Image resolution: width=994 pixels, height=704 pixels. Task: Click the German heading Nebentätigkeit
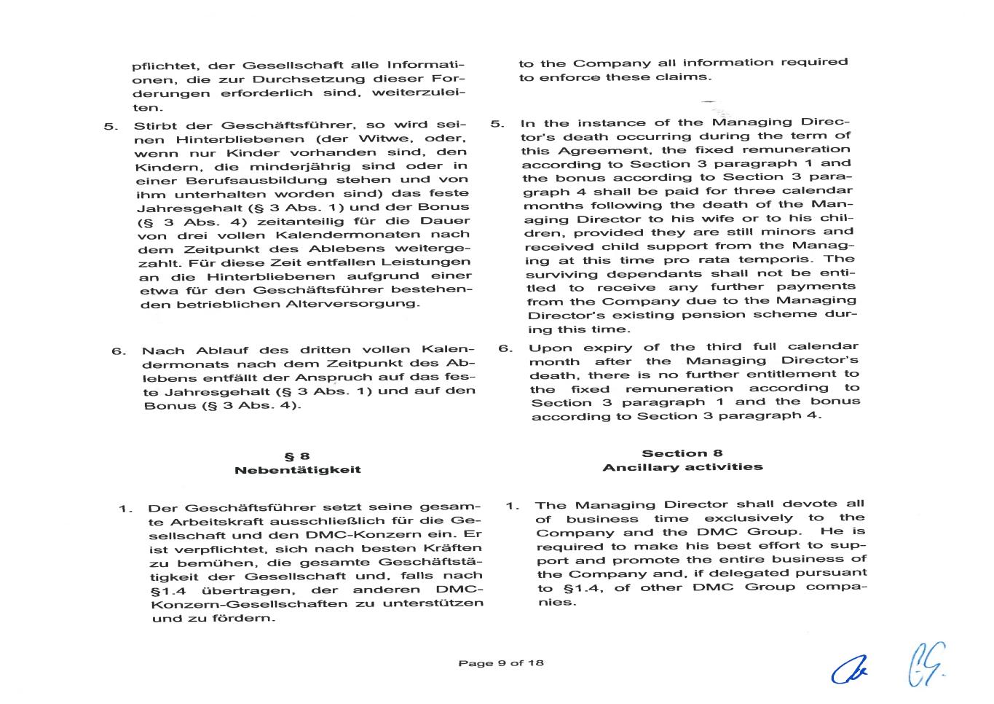pyautogui.click(x=297, y=470)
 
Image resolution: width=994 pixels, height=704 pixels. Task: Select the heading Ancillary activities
pyautogui.click(x=682, y=467)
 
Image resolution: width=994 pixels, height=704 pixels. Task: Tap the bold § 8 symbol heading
pyautogui.click(x=297, y=456)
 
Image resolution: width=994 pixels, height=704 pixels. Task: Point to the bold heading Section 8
pyautogui.click(x=682, y=453)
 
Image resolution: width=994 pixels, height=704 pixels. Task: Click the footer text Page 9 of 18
pyautogui.click(x=501, y=663)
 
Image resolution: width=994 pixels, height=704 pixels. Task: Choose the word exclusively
pyautogui.click(x=749, y=518)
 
